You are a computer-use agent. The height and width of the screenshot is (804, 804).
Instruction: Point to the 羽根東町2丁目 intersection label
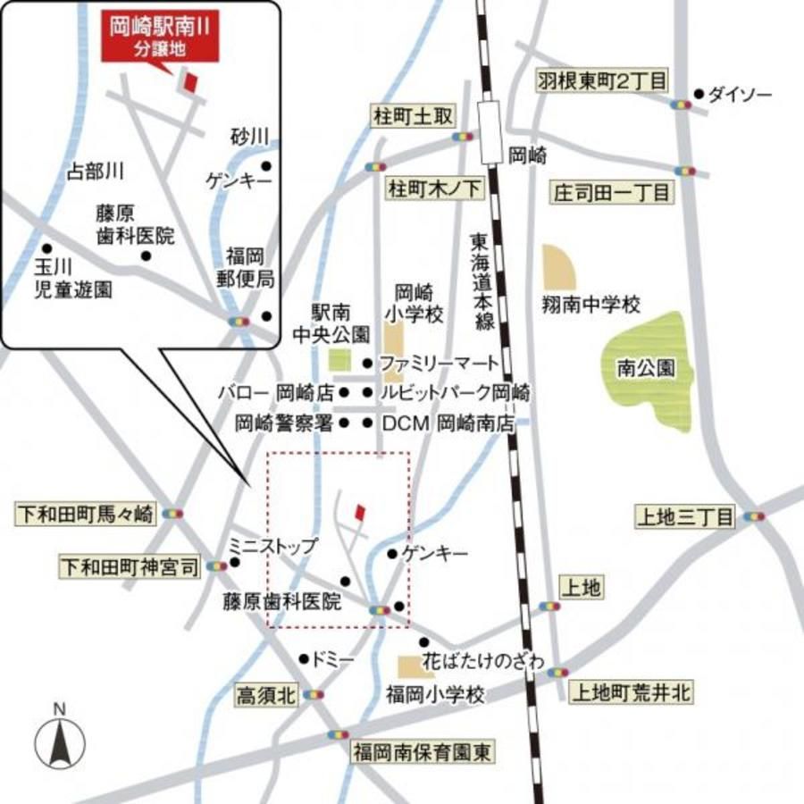pos(602,81)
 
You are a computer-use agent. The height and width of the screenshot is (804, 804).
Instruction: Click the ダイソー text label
pos(739,94)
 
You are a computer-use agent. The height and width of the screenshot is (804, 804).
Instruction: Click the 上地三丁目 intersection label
pos(684,516)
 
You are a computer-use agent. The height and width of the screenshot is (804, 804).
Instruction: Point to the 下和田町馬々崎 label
pos(86,514)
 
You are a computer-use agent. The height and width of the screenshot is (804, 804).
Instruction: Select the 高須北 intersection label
pos(266,693)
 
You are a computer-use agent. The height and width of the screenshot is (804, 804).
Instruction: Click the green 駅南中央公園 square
pos(339,362)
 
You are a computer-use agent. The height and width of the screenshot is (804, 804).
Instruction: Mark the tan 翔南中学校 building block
pos(559,266)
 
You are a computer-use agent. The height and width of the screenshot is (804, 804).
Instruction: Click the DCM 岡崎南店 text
pos(448,424)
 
